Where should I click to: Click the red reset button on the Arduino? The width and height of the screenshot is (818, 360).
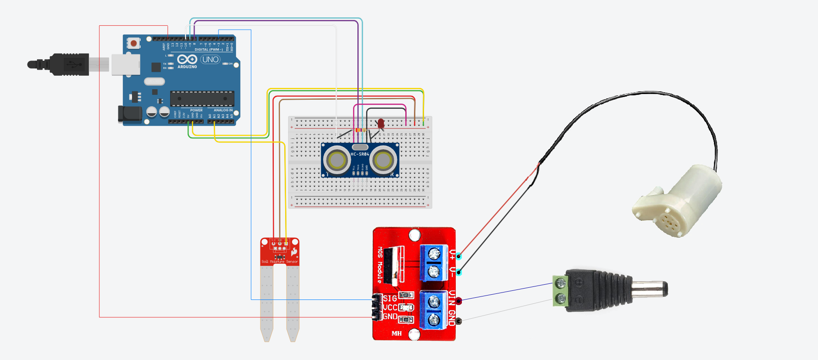[x=134, y=43]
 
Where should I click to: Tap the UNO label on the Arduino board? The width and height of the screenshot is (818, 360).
[x=210, y=59]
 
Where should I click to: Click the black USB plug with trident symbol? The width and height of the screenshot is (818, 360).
[x=70, y=64]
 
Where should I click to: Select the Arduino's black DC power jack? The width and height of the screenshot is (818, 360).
[x=130, y=114]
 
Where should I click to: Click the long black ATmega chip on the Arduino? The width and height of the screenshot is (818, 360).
[x=202, y=98]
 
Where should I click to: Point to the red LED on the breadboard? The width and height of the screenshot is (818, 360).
[x=381, y=124]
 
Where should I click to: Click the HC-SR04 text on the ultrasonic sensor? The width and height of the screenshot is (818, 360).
[x=360, y=154]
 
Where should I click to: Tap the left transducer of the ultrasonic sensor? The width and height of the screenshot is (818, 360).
[x=337, y=160]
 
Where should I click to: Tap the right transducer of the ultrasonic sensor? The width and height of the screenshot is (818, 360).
[x=383, y=160]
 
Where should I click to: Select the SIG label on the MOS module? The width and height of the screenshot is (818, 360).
[x=390, y=299]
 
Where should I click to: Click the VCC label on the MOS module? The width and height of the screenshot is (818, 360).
[x=390, y=307]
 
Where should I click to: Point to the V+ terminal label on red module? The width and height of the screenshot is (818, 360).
[x=452, y=254]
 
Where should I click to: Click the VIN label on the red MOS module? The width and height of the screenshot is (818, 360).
[x=452, y=298]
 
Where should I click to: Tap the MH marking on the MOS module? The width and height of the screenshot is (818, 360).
[x=397, y=333]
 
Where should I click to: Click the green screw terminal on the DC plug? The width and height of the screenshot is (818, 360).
[x=560, y=291]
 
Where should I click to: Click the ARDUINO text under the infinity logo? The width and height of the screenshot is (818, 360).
[x=187, y=67]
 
